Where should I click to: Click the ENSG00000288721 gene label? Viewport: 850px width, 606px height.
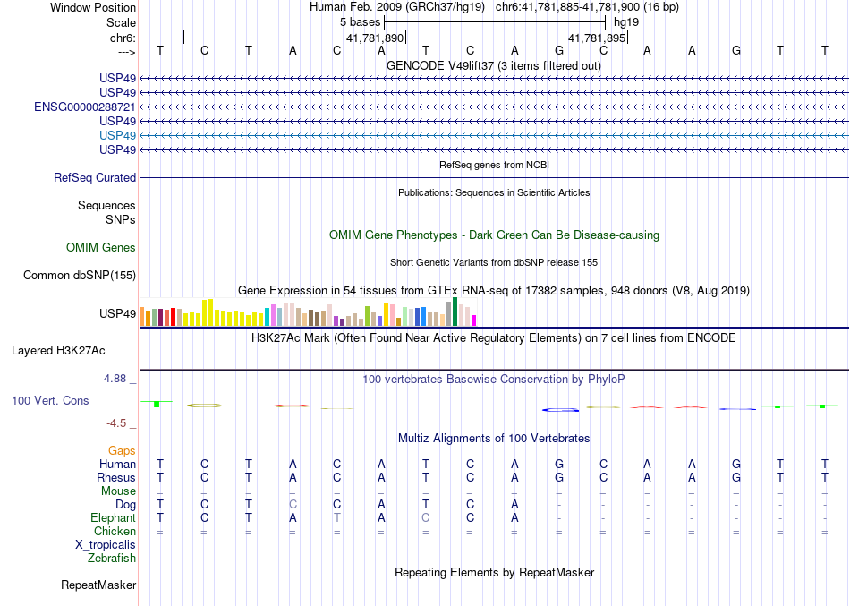tap(85, 107)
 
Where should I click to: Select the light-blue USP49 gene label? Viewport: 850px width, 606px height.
tap(118, 135)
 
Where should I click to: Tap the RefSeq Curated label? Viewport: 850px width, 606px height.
tap(95, 178)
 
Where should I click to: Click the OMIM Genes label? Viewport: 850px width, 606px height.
tap(101, 248)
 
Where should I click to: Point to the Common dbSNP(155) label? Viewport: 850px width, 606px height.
tap(79, 276)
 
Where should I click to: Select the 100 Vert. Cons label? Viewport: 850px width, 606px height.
tap(50, 401)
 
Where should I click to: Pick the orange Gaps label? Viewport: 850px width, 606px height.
tap(122, 450)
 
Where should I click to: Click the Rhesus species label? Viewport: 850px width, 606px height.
tap(116, 477)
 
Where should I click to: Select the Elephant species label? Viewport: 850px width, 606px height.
tap(114, 517)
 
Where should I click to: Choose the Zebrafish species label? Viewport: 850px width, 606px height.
tap(112, 558)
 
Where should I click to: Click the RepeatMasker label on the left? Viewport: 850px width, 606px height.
tap(98, 585)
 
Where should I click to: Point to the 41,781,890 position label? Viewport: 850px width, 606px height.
tap(375, 38)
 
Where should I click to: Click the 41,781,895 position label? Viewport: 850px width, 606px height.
tap(597, 38)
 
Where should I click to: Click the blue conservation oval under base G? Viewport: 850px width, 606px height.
tap(560, 409)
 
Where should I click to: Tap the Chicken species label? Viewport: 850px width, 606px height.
tap(115, 531)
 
